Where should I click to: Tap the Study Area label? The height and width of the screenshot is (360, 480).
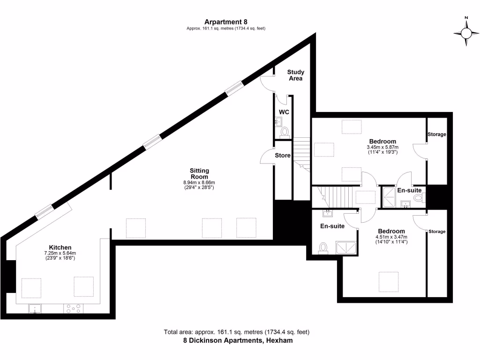pos(296,75)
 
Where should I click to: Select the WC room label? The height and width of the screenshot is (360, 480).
pos(284,112)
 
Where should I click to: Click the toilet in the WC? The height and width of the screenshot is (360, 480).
pos(284,132)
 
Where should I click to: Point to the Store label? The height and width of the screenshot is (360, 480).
pos(283,156)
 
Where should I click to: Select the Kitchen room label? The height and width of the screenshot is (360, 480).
pos(60,247)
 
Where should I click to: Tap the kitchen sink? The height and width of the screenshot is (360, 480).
pos(35,309)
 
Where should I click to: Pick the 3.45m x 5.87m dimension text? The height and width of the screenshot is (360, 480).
pos(382,147)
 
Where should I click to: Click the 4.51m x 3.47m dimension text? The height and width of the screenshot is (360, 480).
pos(391,237)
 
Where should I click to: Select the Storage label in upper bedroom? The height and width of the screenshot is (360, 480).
pos(436,135)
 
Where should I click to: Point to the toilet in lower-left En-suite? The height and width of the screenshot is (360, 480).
pos(323,247)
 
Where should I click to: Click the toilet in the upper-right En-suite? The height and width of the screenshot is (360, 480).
pos(418,199)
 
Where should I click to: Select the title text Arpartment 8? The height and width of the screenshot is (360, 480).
pos(225,22)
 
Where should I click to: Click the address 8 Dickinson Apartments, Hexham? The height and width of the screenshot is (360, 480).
pos(238,341)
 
